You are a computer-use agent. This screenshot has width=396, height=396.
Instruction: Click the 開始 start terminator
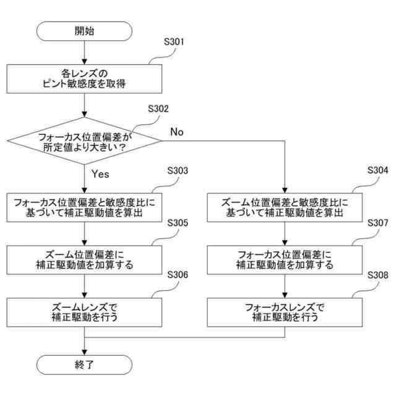[85, 30]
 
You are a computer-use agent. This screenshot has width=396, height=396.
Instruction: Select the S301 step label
[174, 43]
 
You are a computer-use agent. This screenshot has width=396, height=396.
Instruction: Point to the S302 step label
[158, 108]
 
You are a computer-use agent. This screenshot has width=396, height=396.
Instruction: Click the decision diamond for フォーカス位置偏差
[85, 140]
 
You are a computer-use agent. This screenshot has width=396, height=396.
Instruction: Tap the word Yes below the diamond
[100, 174]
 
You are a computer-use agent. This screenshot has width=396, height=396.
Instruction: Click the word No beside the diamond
[177, 132]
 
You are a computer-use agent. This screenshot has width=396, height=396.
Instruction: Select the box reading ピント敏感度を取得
[85, 78]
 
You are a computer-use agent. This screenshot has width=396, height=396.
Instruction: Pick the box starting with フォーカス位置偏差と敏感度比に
[85, 207]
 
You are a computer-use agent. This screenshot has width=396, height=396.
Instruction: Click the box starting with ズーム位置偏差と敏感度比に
[285, 207]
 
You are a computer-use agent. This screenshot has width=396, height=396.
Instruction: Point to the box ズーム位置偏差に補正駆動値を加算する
[85, 259]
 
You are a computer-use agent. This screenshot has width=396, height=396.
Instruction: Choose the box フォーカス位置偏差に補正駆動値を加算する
[285, 259]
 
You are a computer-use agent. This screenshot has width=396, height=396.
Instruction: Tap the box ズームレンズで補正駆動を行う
[85, 312]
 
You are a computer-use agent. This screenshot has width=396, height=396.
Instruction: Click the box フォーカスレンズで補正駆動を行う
[285, 312]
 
